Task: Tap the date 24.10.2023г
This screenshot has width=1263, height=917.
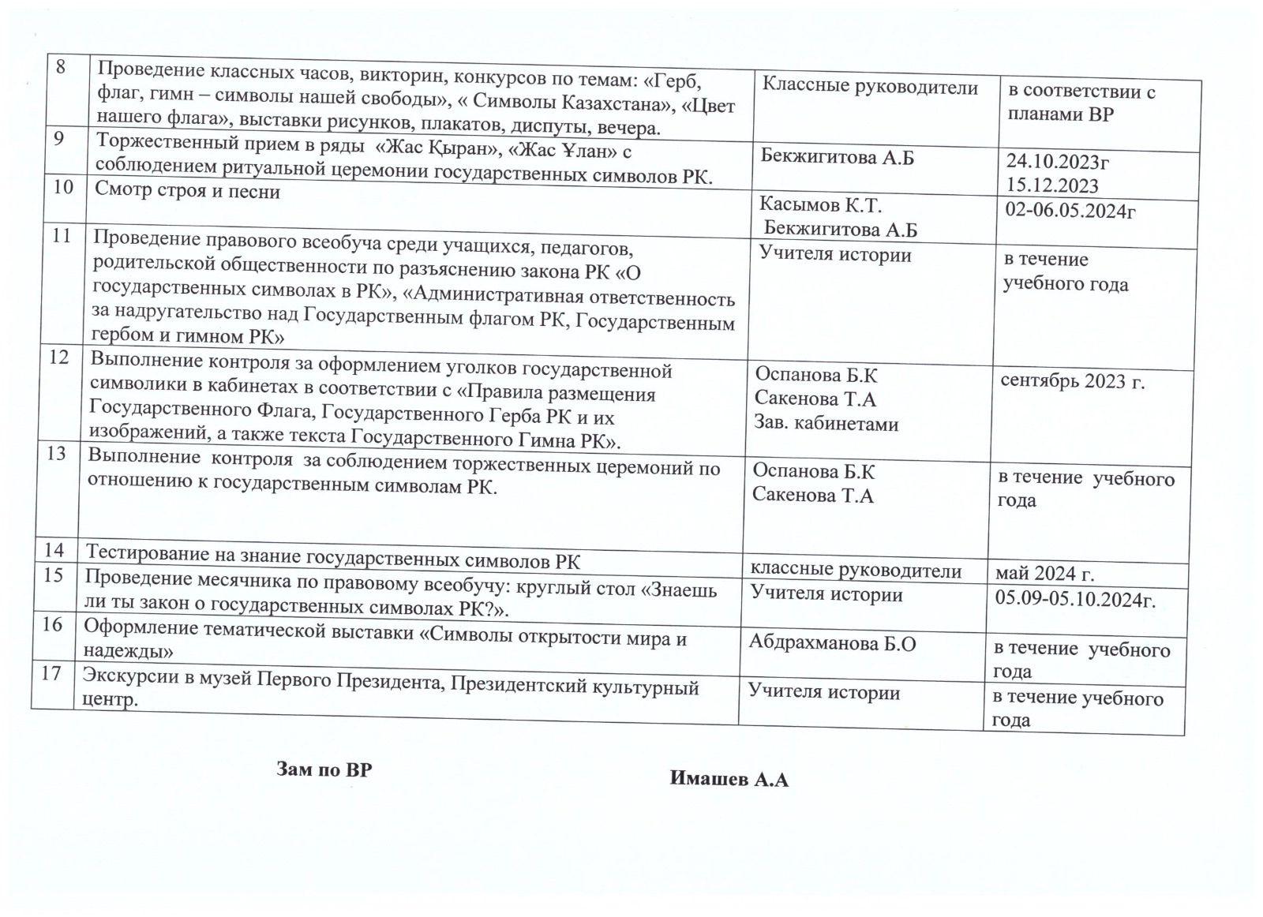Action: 1058,163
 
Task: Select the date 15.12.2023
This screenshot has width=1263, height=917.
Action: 1052,185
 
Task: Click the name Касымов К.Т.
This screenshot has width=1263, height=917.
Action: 820,205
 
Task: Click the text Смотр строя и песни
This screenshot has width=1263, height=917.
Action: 188,191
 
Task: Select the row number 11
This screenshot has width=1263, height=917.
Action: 61,235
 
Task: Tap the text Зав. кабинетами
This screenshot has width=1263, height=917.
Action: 826,424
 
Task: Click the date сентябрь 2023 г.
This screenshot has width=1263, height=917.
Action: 1072,382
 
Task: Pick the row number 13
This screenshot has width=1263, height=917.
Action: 57,455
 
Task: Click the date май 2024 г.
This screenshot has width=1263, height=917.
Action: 1045,572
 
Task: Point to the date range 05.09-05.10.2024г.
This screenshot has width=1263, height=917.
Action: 1075,599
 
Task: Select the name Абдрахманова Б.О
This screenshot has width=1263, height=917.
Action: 832,644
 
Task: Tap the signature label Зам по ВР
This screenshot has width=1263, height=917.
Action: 324,769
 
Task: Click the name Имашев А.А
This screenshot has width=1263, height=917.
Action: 729,780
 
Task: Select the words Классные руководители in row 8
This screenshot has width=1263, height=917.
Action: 870,88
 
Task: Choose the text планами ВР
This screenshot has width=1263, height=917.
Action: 1059,115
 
